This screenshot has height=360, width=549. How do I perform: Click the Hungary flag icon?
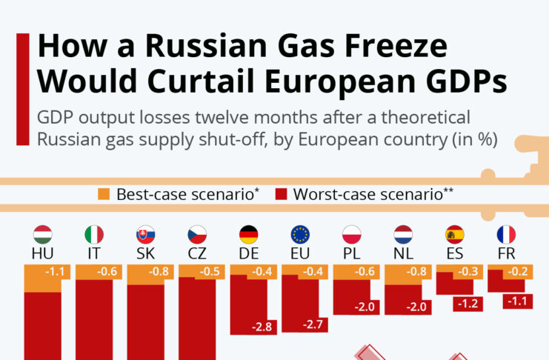pyautogui.click(x=43, y=236)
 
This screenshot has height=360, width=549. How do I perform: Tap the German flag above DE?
pyautogui.click(x=248, y=236)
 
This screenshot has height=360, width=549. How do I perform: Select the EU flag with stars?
pyautogui.click(x=300, y=236)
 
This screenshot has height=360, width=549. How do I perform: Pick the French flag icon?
pyautogui.click(x=506, y=236)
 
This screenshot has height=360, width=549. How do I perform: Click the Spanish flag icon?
pyautogui.click(x=454, y=236)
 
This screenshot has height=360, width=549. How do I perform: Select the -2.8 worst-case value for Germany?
pyautogui.click(x=262, y=327)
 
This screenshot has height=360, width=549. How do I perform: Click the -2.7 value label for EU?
pyautogui.click(x=313, y=324)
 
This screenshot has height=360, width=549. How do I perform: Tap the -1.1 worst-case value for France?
pyautogui.click(x=519, y=301)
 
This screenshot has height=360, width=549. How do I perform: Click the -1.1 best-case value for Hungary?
pyautogui.click(x=56, y=272)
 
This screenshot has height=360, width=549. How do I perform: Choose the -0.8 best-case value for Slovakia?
pyautogui.click(x=159, y=272)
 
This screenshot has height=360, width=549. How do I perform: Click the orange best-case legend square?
pyautogui.click(x=104, y=195)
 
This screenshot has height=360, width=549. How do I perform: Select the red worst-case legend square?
pyautogui.click(x=281, y=195)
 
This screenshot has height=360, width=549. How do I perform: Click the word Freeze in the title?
pyautogui.click(x=392, y=47)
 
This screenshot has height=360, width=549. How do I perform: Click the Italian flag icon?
pyautogui.click(x=94, y=236)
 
